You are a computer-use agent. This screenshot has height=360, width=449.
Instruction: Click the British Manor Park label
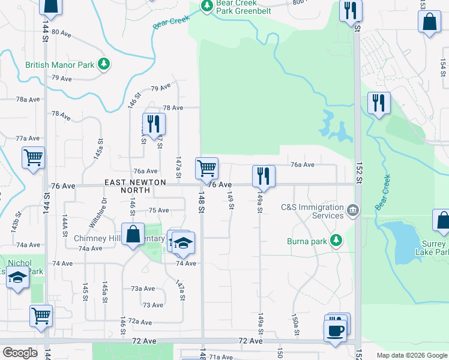pyautogui.click(x=60, y=65)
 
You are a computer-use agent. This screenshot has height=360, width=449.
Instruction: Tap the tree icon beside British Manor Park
pyautogui.click(x=104, y=64)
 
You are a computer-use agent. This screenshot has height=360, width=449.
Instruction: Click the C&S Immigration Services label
pyautogui.click(x=312, y=211)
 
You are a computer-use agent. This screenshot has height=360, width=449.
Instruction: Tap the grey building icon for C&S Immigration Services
pyautogui.click(x=352, y=209)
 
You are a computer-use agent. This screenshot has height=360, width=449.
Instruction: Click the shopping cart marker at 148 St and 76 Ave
pyautogui.click(x=206, y=168)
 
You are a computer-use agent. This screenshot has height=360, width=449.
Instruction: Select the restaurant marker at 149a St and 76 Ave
pyautogui.click(x=263, y=176)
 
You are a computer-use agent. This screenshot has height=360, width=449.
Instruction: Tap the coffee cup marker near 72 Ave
pyautogui.click(x=335, y=330)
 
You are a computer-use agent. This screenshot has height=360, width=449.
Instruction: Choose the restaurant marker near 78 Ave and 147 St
pyautogui.click(x=153, y=124)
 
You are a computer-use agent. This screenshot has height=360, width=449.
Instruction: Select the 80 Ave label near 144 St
pyautogui.click(x=61, y=34)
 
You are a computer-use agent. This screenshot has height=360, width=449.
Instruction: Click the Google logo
pyautogui.click(x=19, y=353)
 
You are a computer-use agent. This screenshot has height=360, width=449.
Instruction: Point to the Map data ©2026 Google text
pyautogui.click(x=411, y=355)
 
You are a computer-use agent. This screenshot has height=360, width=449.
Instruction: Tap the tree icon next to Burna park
pyautogui.click(x=336, y=241)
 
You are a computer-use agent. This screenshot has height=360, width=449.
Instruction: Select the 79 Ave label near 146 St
pyautogui.click(x=161, y=89)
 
